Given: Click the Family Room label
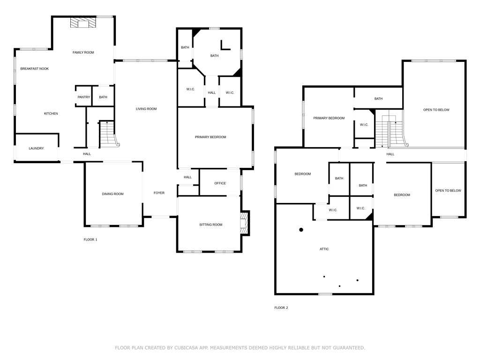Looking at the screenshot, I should click(83, 52).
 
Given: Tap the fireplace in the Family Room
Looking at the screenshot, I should click(83, 23).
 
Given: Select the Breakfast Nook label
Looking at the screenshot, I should click(34, 69).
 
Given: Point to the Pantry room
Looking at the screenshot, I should click(83, 97).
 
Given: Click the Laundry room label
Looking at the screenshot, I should click(36, 149).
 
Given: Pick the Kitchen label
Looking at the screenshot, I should click(51, 113).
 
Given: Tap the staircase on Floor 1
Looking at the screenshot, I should click(109, 134).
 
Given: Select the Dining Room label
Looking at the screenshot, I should click(112, 194).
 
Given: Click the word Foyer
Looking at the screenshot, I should click(159, 193).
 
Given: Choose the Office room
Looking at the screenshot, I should click(220, 183).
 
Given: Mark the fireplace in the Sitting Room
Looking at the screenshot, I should click(244, 224).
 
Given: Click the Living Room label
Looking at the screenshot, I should click(146, 109).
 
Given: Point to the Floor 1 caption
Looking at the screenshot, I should click(90, 240).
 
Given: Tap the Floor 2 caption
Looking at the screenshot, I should click(281, 308).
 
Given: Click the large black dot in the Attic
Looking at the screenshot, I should click(301, 230).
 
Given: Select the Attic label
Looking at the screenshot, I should click(324, 249).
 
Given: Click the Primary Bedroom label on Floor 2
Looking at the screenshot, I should click(329, 118).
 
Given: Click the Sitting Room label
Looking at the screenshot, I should click(210, 225).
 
